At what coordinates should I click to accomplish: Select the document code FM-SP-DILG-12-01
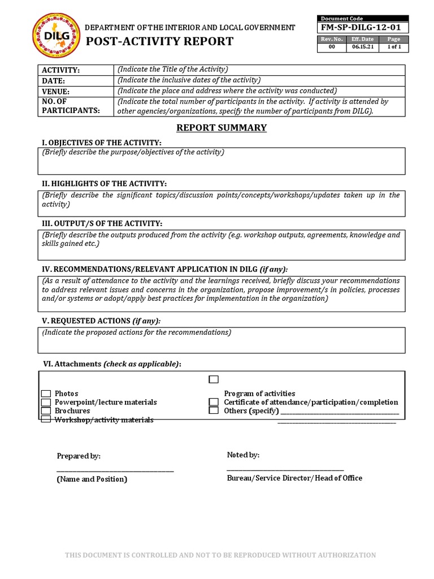point(362,28)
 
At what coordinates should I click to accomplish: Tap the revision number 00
point(332,47)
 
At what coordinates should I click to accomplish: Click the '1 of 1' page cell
point(393,47)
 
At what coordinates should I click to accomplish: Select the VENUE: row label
point(55,92)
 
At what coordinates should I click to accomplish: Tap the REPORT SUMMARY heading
point(221,128)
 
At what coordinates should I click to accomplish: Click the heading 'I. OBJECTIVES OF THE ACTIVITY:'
point(102,142)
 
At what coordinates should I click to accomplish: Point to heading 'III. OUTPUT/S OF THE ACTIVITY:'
point(102,224)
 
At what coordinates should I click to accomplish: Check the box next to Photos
point(46,394)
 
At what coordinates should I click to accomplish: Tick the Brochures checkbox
point(46,411)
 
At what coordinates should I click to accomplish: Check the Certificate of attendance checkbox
point(214,402)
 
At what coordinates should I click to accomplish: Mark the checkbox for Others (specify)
point(214,411)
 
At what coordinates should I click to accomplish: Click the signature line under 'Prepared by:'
point(115,470)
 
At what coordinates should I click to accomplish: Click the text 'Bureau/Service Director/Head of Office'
point(294,478)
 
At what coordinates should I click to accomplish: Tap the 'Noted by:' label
point(243,455)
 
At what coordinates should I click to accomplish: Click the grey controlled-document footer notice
point(220,555)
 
